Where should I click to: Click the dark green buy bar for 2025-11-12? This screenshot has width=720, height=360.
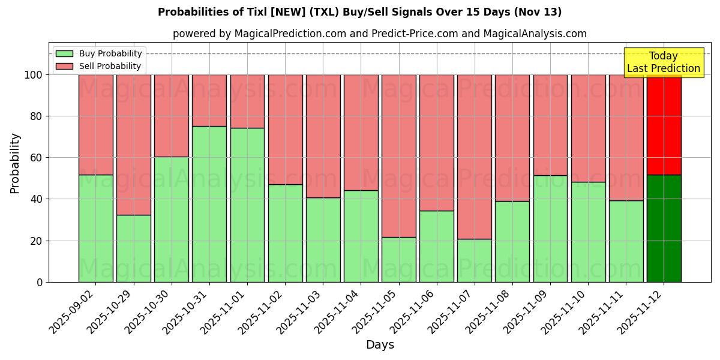tap(664, 228)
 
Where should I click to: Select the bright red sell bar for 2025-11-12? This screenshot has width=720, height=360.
tap(664, 125)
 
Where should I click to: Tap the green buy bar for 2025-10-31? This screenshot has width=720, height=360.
tap(209, 204)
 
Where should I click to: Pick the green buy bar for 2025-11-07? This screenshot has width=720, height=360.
tap(475, 260)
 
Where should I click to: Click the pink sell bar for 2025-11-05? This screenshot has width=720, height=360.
tap(399, 156)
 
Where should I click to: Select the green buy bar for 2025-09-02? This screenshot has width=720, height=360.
tap(96, 228)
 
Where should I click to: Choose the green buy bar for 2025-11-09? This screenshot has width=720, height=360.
tap(550, 228)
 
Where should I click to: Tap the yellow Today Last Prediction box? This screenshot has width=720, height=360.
tap(663, 62)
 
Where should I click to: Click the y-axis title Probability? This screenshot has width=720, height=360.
tap(15, 163)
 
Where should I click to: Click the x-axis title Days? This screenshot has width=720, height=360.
tap(380, 345)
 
